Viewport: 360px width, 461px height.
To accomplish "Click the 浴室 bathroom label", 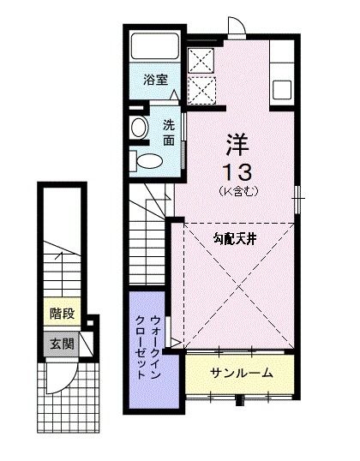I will (x=155, y=78).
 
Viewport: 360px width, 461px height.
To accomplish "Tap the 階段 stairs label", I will (x=61, y=314).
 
